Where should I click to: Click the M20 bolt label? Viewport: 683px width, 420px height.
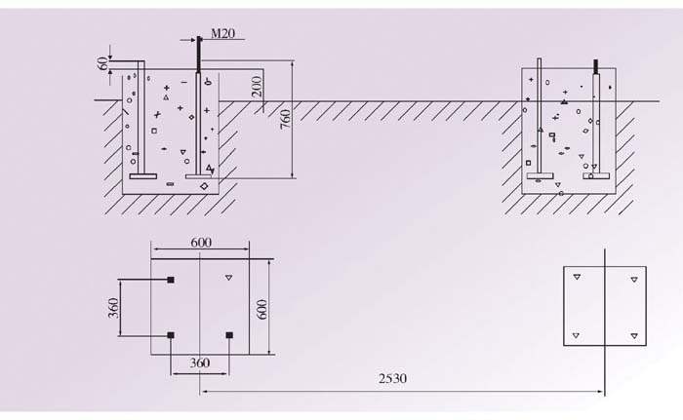223,33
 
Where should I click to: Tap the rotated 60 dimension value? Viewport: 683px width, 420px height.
102,64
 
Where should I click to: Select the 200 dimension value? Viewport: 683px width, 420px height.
257,87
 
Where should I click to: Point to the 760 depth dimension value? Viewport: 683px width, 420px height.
285,119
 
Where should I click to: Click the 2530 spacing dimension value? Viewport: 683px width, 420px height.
392,379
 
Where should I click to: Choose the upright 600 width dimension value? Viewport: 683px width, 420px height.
201,243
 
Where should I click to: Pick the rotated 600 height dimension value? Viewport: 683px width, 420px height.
261,310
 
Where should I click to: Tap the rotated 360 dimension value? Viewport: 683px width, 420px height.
113,308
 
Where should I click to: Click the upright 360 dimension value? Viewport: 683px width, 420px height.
199,363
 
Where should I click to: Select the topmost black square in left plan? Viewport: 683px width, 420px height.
171,280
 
